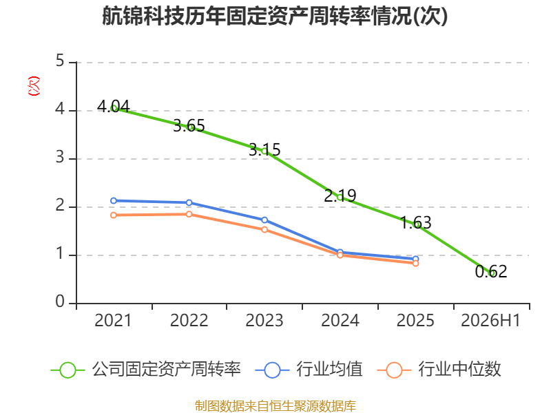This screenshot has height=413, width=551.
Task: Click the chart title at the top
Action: click(x=275, y=16)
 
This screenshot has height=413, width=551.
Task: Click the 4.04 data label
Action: click(x=113, y=106)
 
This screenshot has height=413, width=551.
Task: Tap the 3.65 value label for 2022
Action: click(x=189, y=126)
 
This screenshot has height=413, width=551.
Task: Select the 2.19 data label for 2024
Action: click(x=340, y=195)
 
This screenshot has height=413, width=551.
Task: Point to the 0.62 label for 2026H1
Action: click(x=491, y=271)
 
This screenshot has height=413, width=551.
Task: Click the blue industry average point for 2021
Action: click(x=114, y=201)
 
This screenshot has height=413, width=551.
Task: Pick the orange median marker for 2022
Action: click(x=189, y=214)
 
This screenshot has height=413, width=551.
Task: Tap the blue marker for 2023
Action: click(x=264, y=220)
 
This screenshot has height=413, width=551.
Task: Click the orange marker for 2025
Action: click(x=416, y=264)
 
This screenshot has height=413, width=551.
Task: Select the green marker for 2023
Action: click(x=264, y=151)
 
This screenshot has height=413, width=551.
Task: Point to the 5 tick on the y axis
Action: click(x=60, y=61)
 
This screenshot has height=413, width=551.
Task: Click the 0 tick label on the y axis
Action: click(x=60, y=301)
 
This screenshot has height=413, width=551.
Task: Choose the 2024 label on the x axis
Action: click(x=340, y=321)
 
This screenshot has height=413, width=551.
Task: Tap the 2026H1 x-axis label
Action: click(x=490, y=321)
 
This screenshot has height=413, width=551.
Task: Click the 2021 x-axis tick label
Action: click(x=113, y=321)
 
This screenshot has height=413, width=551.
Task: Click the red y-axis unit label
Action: click(x=34, y=86)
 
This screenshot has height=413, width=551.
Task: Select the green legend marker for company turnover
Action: click(x=67, y=370)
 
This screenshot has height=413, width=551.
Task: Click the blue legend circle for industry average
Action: click(x=272, y=370)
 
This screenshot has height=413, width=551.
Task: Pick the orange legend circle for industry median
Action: click(x=394, y=370)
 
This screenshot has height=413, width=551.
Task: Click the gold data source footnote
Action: click(x=275, y=406)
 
